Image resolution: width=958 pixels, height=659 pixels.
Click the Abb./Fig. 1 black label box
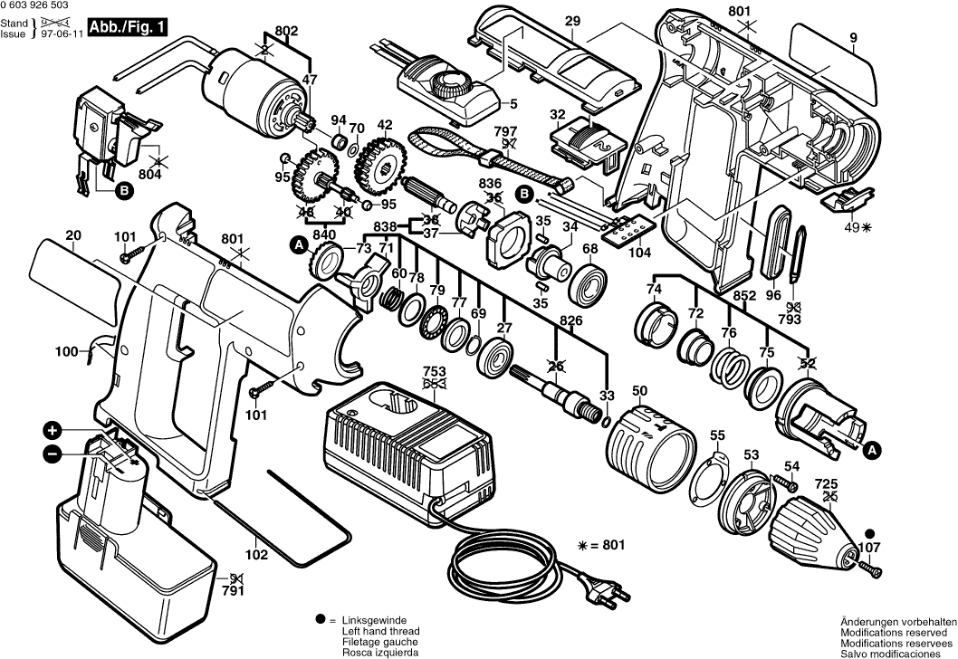tap(128, 26)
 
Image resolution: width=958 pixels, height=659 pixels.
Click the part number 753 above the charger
tap(434, 370)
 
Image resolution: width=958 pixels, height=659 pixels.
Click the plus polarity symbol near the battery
tap(53, 429)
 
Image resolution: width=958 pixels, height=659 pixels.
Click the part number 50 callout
tap(639, 391)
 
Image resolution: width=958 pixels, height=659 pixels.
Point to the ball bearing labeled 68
tap(589, 282)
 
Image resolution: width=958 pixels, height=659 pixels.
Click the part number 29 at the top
tap(572, 21)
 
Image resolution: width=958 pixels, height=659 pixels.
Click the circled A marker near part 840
tap(295, 243)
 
